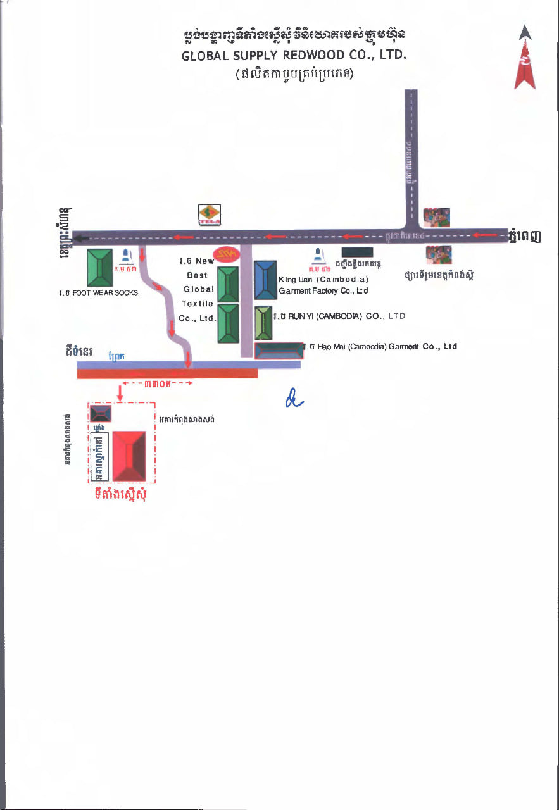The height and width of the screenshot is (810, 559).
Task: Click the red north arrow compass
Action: click(525, 58)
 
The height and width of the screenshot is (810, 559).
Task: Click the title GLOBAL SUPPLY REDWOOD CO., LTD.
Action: click(294, 55)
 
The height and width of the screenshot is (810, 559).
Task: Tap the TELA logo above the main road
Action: click(210, 215)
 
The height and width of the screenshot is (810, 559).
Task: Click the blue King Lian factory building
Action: click(265, 280)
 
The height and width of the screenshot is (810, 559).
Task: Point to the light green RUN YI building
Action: click(263, 323)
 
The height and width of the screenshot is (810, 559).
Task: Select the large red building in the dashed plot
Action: click(129, 456)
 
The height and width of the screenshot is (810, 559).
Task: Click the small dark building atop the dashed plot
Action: click(100, 414)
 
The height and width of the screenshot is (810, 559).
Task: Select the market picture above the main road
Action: click(437, 216)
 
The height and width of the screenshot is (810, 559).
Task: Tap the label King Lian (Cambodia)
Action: click(323, 279)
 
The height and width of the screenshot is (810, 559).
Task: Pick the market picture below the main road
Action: click(439, 254)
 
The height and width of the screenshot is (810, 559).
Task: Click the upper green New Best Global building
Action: click(228, 284)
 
